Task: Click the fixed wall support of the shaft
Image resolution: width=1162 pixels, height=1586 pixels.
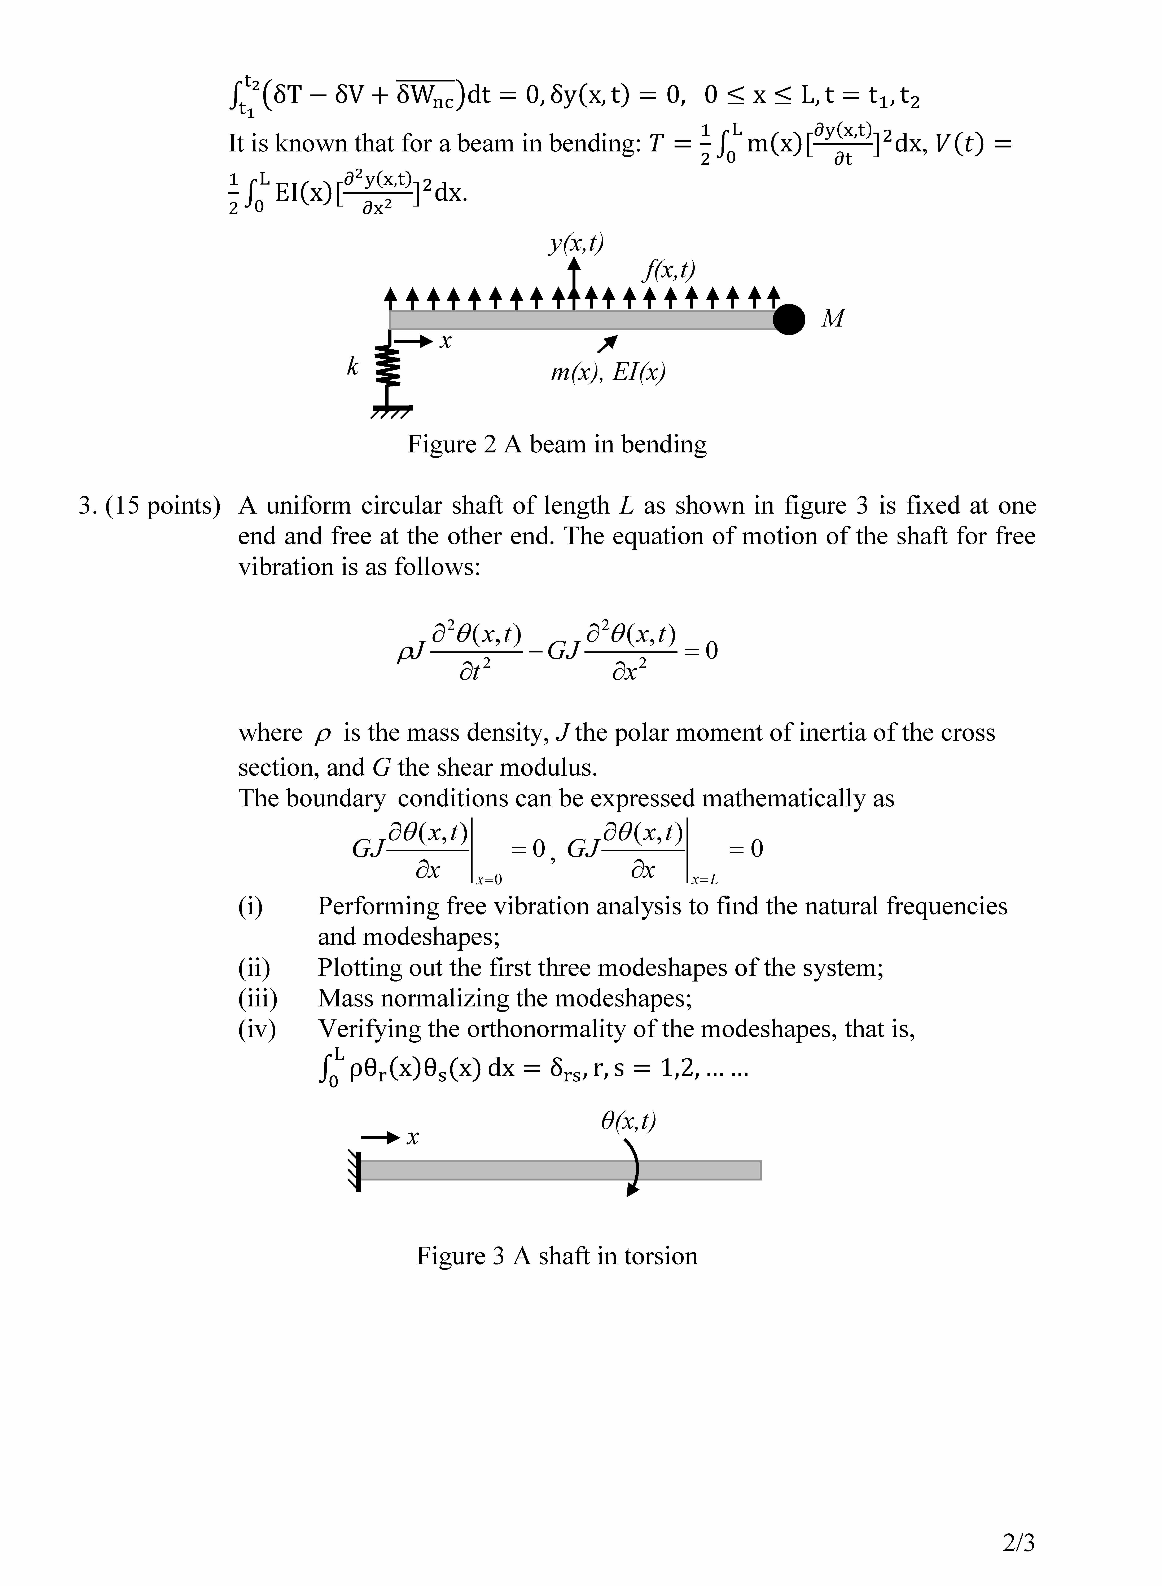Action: (356, 1170)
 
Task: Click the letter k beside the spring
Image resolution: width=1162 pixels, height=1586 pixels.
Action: (352, 366)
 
